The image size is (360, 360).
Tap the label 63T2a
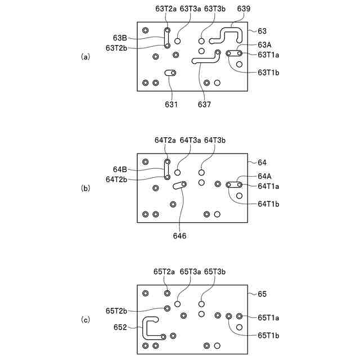click(x=165, y=9)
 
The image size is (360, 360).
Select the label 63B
click(x=120, y=38)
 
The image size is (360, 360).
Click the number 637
click(x=204, y=104)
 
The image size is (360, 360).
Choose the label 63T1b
click(x=268, y=72)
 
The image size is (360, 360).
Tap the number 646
click(x=179, y=236)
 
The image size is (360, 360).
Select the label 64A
click(x=264, y=175)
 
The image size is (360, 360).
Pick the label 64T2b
click(x=116, y=179)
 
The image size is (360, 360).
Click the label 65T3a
click(x=190, y=271)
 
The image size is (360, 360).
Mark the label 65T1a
click(x=268, y=317)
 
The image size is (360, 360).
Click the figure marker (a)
click(x=85, y=56)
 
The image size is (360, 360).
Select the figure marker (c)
click(x=85, y=320)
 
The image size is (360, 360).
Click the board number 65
click(x=262, y=294)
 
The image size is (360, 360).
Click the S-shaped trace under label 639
click(x=228, y=35)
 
